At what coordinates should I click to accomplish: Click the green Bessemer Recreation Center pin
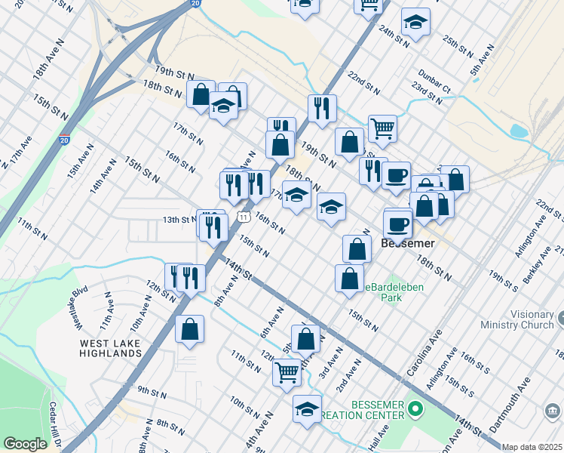[x=414, y=411]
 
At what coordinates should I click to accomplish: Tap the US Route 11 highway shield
[x=243, y=217]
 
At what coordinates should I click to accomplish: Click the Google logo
[x=25, y=444]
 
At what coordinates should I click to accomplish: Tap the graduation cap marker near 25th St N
[x=415, y=23]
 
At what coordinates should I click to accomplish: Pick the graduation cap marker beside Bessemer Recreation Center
[x=307, y=409]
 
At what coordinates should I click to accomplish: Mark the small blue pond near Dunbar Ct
[x=519, y=131]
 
